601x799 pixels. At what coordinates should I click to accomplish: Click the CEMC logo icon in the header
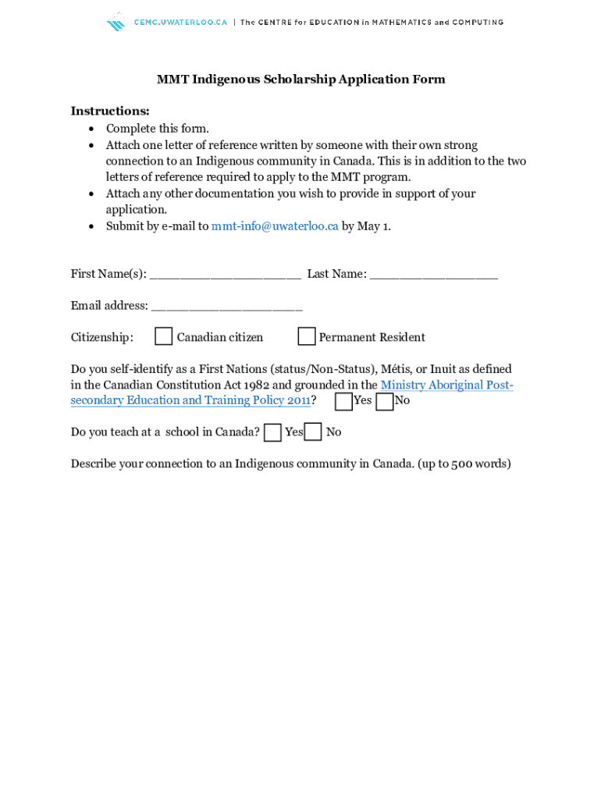click(116, 22)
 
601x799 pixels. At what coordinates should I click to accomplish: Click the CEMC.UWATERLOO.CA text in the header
click(180, 23)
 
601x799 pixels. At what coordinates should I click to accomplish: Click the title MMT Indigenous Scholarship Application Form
click(300, 80)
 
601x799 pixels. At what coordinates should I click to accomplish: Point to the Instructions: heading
click(110, 111)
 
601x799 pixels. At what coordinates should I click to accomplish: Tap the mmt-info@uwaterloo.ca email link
click(275, 226)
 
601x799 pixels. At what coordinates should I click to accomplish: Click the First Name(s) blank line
click(225, 275)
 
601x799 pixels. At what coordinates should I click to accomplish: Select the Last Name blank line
click(433, 275)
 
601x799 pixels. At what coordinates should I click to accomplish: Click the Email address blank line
click(226, 307)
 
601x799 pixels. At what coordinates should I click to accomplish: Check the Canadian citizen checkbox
click(163, 336)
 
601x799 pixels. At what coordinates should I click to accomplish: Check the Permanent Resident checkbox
click(307, 336)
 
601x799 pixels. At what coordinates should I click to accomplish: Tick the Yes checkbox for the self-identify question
click(343, 401)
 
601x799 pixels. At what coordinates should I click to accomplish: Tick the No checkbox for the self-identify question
click(385, 401)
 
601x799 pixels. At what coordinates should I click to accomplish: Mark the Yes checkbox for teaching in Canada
click(272, 432)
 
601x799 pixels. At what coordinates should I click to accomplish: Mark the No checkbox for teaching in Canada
click(313, 431)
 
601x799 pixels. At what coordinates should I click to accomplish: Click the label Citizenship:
click(101, 338)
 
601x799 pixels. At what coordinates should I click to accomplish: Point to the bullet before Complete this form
click(92, 130)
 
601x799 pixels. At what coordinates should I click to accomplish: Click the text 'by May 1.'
click(366, 226)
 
